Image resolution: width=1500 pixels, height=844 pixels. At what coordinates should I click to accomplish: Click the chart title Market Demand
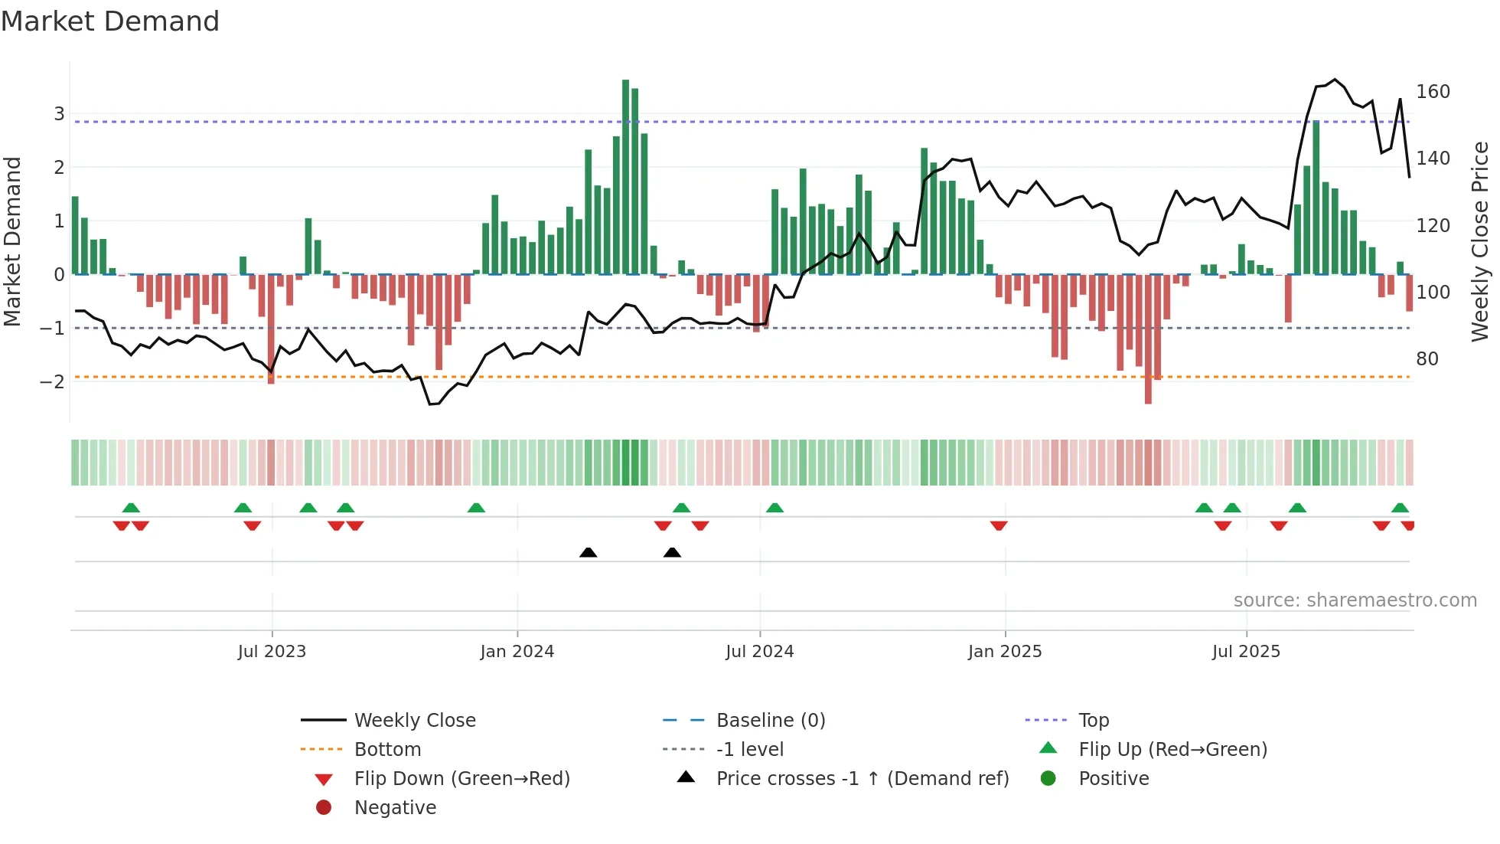click(x=110, y=21)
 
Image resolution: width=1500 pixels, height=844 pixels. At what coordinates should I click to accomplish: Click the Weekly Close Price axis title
click(x=1480, y=241)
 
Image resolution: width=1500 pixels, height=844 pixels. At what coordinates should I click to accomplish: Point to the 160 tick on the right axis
click(x=1433, y=92)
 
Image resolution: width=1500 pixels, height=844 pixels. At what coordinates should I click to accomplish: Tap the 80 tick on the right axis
click(x=1427, y=359)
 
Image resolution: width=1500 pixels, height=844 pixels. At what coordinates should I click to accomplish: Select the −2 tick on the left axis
click(x=53, y=381)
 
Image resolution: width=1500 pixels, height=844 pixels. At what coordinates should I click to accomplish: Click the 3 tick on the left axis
click(x=59, y=114)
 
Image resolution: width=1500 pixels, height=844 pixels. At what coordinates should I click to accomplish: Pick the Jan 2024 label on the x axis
click(x=517, y=652)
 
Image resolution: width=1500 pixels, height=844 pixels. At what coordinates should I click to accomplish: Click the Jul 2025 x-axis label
click(x=1245, y=652)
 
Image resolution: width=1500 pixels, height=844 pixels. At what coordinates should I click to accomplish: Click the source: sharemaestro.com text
click(x=1355, y=600)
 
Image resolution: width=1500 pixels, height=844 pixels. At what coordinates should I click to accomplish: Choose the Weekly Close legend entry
click(x=414, y=721)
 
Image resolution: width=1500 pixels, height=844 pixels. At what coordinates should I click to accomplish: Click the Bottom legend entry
click(x=387, y=750)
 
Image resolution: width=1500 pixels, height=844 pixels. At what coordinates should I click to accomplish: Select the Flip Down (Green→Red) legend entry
click(x=461, y=779)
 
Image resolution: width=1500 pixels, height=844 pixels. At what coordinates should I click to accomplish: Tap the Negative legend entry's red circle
click(x=324, y=808)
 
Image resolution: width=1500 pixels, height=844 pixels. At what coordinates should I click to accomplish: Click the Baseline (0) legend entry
click(x=770, y=721)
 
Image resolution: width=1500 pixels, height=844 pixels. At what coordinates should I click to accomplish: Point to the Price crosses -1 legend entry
click(x=862, y=779)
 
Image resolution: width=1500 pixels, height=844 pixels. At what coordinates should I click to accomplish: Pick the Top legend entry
click(x=1093, y=721)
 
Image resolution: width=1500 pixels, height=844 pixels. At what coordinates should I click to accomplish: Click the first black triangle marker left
click(x=588, y=552)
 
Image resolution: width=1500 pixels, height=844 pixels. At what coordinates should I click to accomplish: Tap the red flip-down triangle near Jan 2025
click(x=998, y=525)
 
